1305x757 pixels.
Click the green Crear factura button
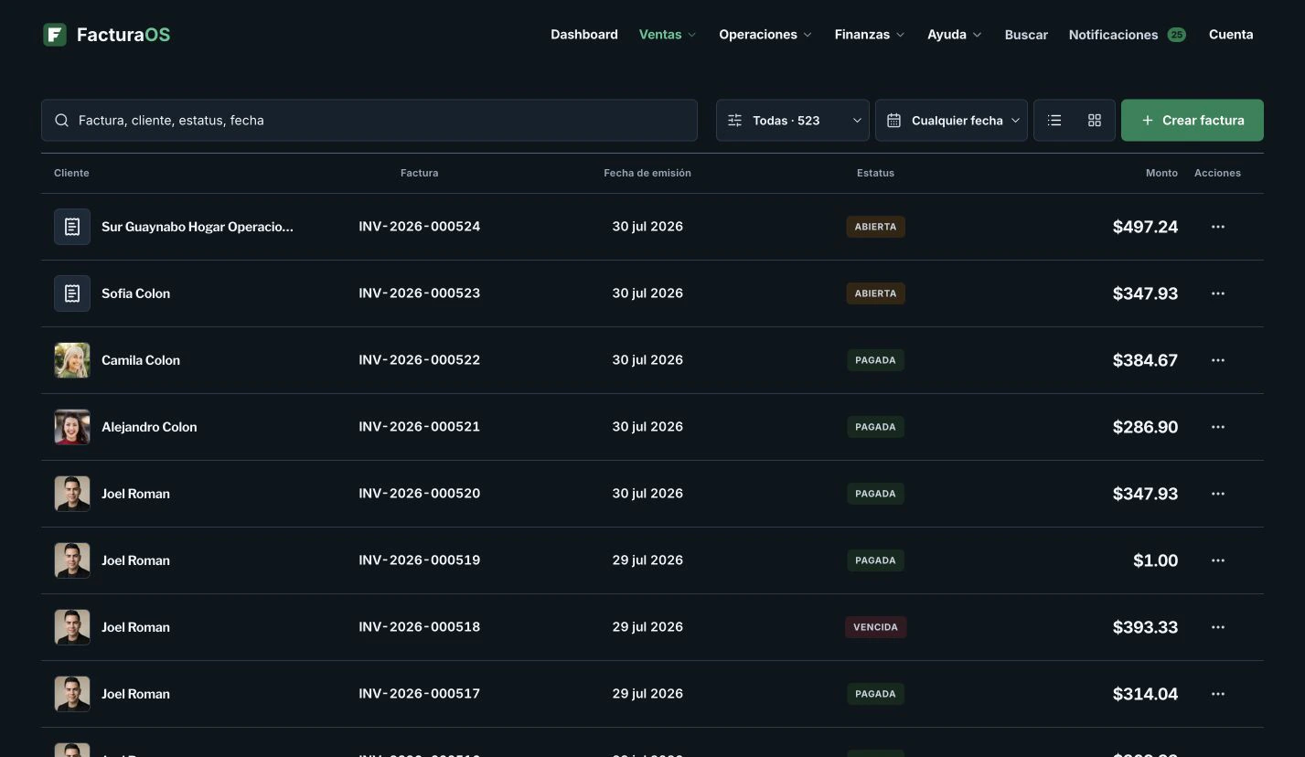(x=1192, y=120)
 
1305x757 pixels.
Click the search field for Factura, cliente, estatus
(x=369, y=120)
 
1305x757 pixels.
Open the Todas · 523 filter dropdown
(x=792, y=120)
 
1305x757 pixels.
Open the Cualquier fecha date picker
(x=951, y=120)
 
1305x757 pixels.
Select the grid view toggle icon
(x=1094, y=120)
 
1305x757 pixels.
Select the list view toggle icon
(x=1054, y=120)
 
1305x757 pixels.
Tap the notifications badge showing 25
(x=1176, y=35)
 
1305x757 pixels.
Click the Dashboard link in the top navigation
(x=583, y=35)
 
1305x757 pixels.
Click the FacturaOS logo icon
(x=55, y=35)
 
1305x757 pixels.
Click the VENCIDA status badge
(x=875, y=627)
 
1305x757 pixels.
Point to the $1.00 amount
(x=1155, y=560)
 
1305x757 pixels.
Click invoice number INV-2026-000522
(x=419, y=360)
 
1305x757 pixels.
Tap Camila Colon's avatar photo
(x=72, y=360)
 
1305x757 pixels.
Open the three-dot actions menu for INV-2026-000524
(x=1217, y=227)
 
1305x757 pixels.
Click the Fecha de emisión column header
(x=647, y=173)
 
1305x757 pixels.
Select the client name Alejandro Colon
(x=149, y=427)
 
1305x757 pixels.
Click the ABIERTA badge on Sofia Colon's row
(x=875, y=293)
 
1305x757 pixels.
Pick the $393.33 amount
(x=1145, y=627)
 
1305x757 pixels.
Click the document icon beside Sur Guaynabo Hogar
(x=72, y=227)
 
